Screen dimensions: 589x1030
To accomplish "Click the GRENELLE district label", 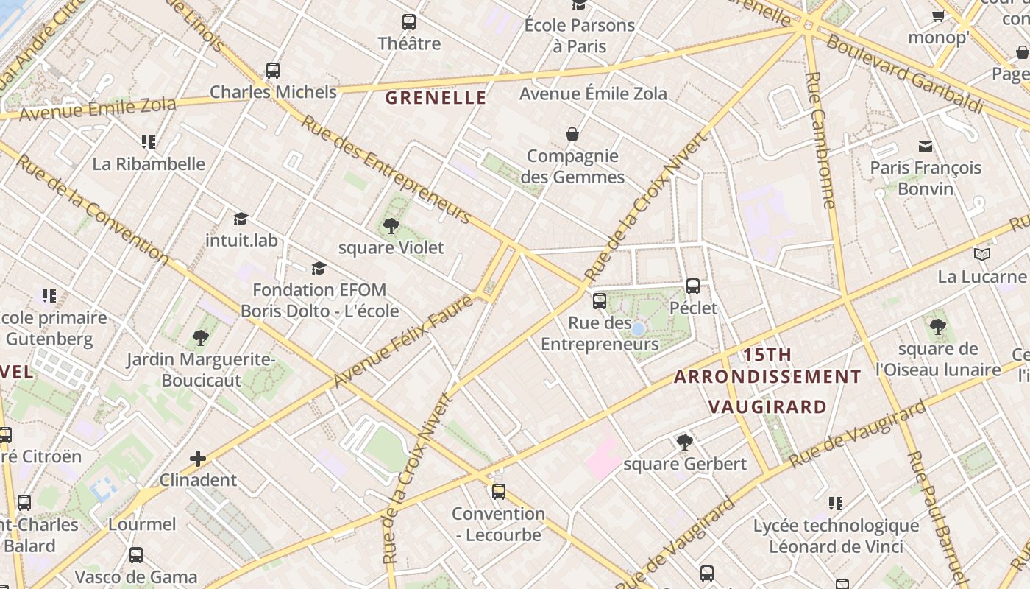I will tap(436, 97).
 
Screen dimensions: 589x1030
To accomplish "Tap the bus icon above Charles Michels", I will tap(273, 71).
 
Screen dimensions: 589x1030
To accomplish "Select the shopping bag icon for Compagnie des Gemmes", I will tap(572, 134).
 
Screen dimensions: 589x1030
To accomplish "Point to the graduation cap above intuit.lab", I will tap(241, 219).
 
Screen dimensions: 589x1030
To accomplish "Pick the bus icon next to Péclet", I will tap(693, 286).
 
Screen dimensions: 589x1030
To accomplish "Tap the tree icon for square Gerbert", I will tap(685, 442).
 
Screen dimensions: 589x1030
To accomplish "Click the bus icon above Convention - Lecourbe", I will tap(499, 491).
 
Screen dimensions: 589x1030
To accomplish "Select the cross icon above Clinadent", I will tap(198, 459).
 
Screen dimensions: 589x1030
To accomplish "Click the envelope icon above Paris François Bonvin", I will tap(925, 147).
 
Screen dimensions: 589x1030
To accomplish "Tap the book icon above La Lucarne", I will tap(981, 255).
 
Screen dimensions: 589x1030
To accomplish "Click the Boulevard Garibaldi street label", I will tap(904, 74).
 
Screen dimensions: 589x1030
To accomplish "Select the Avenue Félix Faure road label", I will tap(401, 342).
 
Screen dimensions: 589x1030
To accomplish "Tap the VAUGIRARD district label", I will tap(767, 406).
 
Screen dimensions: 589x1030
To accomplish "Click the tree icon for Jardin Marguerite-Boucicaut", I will tap(200, 338).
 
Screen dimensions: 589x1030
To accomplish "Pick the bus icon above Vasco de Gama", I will tap(136, 555).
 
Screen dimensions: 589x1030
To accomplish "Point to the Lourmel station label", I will tap(142, 524).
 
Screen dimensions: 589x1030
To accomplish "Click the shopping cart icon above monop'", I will tap(938, 15).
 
